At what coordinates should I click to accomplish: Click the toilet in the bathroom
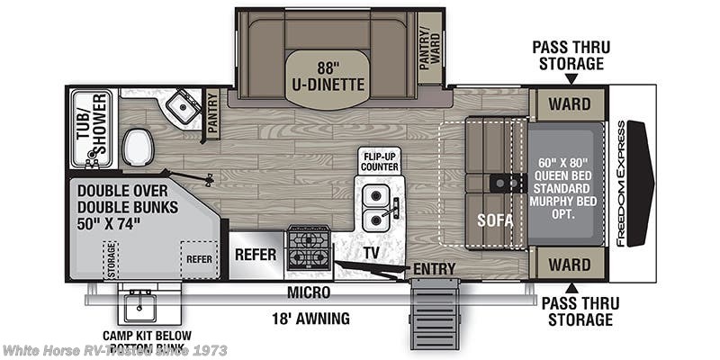point(137,146)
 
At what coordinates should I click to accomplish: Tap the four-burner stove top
point(308,248)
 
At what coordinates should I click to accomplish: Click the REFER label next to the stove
point(255,255)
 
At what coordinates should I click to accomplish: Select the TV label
point(370,254)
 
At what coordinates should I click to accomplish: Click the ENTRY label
point(434,268)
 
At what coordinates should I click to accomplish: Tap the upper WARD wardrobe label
point(570,104)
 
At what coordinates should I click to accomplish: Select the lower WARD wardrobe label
point(570,265)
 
